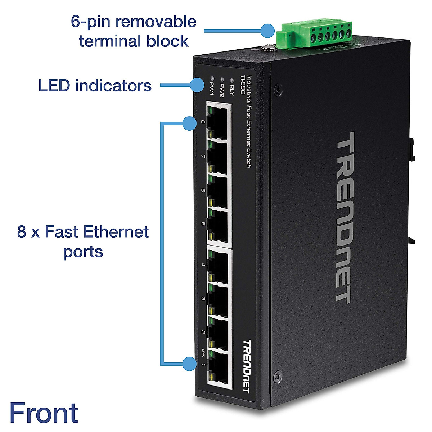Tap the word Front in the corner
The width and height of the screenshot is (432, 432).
tap(44, 413)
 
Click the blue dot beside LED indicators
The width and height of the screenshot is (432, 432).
tap(197, 85)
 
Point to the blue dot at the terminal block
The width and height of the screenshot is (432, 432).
tap(267, 31)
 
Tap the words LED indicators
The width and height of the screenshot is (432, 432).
tap(95, 86)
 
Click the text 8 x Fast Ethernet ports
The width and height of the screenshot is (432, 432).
tap(83, 241)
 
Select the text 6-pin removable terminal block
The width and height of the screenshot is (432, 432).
tap(134, 31)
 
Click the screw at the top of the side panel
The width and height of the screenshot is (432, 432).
tap(277, 88)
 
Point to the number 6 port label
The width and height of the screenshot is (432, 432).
tap(203, 190)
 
